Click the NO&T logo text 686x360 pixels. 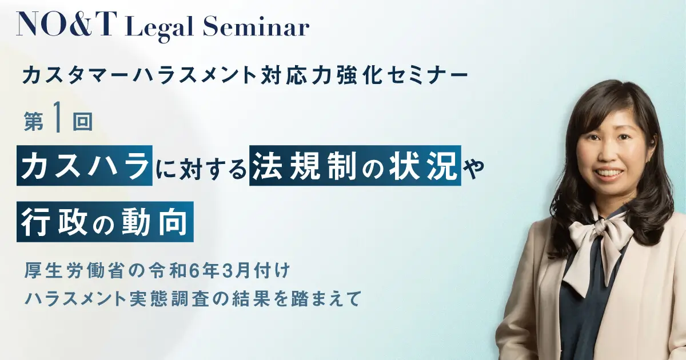pyautogui.click(x=67, y=24)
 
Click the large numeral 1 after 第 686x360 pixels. pyautogui.click(x=57, y=121)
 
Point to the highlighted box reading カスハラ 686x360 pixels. pyautogui.click(x=85, y=165)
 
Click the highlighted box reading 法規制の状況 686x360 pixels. pyautogui.click(x=355, y=165)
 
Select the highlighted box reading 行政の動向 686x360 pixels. pyautogui.click(x=105, y=222)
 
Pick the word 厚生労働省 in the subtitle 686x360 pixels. pyautogui.click(x=74, y=271)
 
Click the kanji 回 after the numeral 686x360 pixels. pyautogui.click(x=83, y=122)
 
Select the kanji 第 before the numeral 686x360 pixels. pyautogui.click(x=34, y=122)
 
